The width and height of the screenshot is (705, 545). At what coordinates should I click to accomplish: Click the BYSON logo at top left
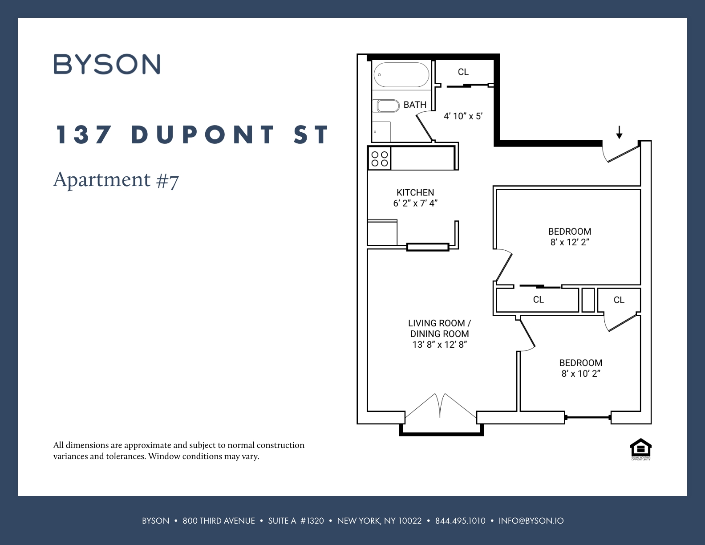coord(107,65)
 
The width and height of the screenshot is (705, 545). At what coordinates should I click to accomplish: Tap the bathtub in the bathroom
coord(401,75)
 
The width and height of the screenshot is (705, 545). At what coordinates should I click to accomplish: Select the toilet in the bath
coord(388,106)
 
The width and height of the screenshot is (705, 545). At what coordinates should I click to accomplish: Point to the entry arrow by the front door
coord(619,132)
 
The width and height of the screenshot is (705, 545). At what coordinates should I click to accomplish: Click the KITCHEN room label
coord(415,192)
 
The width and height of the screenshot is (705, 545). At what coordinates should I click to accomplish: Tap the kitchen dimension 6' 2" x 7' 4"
coord(415,203)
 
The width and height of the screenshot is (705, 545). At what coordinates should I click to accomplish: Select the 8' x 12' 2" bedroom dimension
coord(570,243)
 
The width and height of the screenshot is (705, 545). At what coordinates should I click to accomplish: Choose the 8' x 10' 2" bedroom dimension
coord(581,374)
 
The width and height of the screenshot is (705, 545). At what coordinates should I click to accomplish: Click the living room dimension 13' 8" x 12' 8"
coord(439,345)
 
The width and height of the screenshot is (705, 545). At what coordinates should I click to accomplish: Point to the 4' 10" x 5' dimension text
coord(463,116)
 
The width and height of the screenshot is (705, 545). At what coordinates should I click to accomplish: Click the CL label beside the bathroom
coord(463,72)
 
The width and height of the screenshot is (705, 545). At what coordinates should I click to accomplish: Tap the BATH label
coord(415,105)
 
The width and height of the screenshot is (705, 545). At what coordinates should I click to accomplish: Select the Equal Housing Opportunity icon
coord(641,449)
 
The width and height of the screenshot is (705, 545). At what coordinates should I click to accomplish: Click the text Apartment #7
coord(116,180)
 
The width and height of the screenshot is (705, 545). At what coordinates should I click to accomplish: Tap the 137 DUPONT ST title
coord(192,134)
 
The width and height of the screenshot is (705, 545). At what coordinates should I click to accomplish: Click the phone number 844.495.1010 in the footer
coord(460,521)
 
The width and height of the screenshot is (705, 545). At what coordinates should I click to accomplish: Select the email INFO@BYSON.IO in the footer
coord(531,521)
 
